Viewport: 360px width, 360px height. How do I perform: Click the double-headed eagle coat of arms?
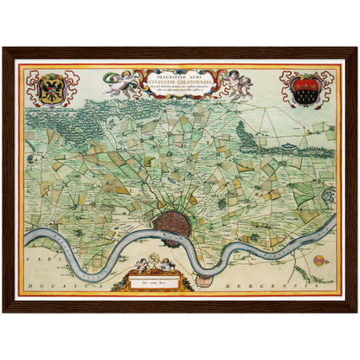pos(50,89)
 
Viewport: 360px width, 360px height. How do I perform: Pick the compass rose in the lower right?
pos(320,260)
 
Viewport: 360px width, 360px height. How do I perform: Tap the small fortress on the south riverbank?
pos(205,279)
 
